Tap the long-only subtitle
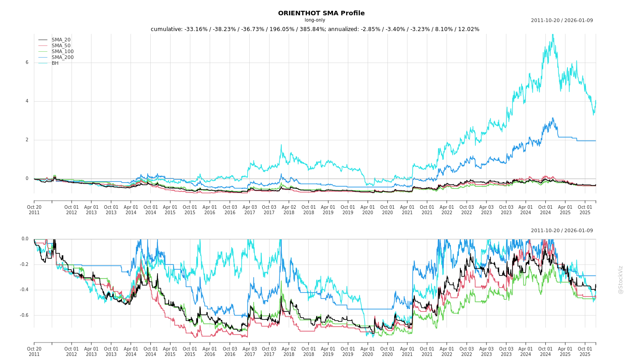pos(315,20)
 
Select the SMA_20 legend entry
pos(61,40)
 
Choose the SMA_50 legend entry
pos(61,46)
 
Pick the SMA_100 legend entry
pos(62,52)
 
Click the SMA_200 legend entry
pos(62,58)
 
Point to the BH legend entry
pos(55,63)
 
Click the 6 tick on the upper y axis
pos(27,63)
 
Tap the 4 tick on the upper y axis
pos(27,101)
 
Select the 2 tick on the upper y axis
pos(27,140)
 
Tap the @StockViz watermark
pos(621,279)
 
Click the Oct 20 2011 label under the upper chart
pos(34,210)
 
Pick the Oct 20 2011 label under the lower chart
pos(34,351)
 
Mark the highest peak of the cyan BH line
pos(553,35)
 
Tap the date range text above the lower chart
pos(562,231)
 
